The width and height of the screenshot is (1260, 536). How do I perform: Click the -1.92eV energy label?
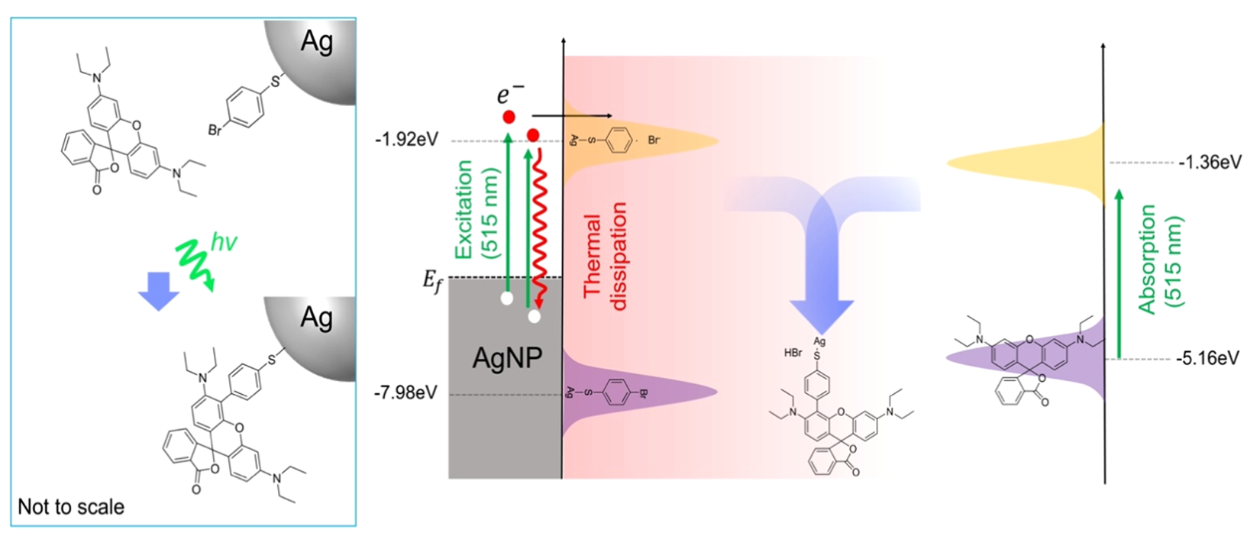[x=407, y=140]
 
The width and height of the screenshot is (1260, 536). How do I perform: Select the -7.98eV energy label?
[x=405, y=392]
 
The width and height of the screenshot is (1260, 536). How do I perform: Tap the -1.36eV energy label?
[x=1210, y=163]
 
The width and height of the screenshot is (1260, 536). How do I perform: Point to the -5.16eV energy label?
[x=1207, y=358]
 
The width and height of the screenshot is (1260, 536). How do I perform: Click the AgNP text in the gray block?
[x=507, y=357]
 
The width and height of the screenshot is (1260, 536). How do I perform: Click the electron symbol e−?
[x=510, y=94]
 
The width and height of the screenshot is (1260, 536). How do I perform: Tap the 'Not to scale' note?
[x=71, y=507]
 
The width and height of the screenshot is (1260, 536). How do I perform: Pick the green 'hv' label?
[x=224, y=243]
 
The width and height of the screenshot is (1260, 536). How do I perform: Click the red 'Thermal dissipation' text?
[x=605, y=256]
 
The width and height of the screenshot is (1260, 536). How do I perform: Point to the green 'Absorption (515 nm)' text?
[x=1161, y=259]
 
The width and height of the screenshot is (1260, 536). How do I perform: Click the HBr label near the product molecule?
[x=793, y=354]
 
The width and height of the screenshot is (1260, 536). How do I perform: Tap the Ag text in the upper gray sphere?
[x=317, y=42]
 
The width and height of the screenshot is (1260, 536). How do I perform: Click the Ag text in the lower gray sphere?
[x=317, y=318]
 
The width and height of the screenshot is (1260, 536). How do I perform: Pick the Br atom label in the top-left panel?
[x=215, y=130]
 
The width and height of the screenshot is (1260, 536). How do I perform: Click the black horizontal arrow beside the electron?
[x=572, y=116]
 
